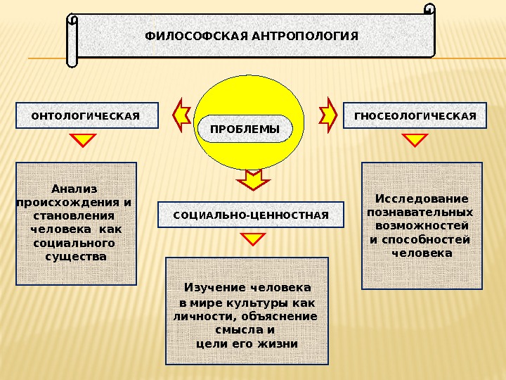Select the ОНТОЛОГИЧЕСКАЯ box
click(x=87, y=116)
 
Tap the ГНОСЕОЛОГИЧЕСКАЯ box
click(x=415, y=116)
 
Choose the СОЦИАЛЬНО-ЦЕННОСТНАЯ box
click(x=251, y=214)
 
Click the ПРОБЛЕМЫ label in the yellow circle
click(x=245, y=129)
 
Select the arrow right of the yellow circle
click(x=328, y=114)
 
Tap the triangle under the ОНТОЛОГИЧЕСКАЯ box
click(x=84, y=140)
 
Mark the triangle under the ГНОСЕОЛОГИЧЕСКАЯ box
click(x=415, y=140)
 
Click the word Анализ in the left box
click(x=74, y=189)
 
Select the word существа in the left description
click(x=76, y=256)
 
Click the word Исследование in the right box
click(x=422, y=198)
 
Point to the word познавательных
click(x=420, y=212)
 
